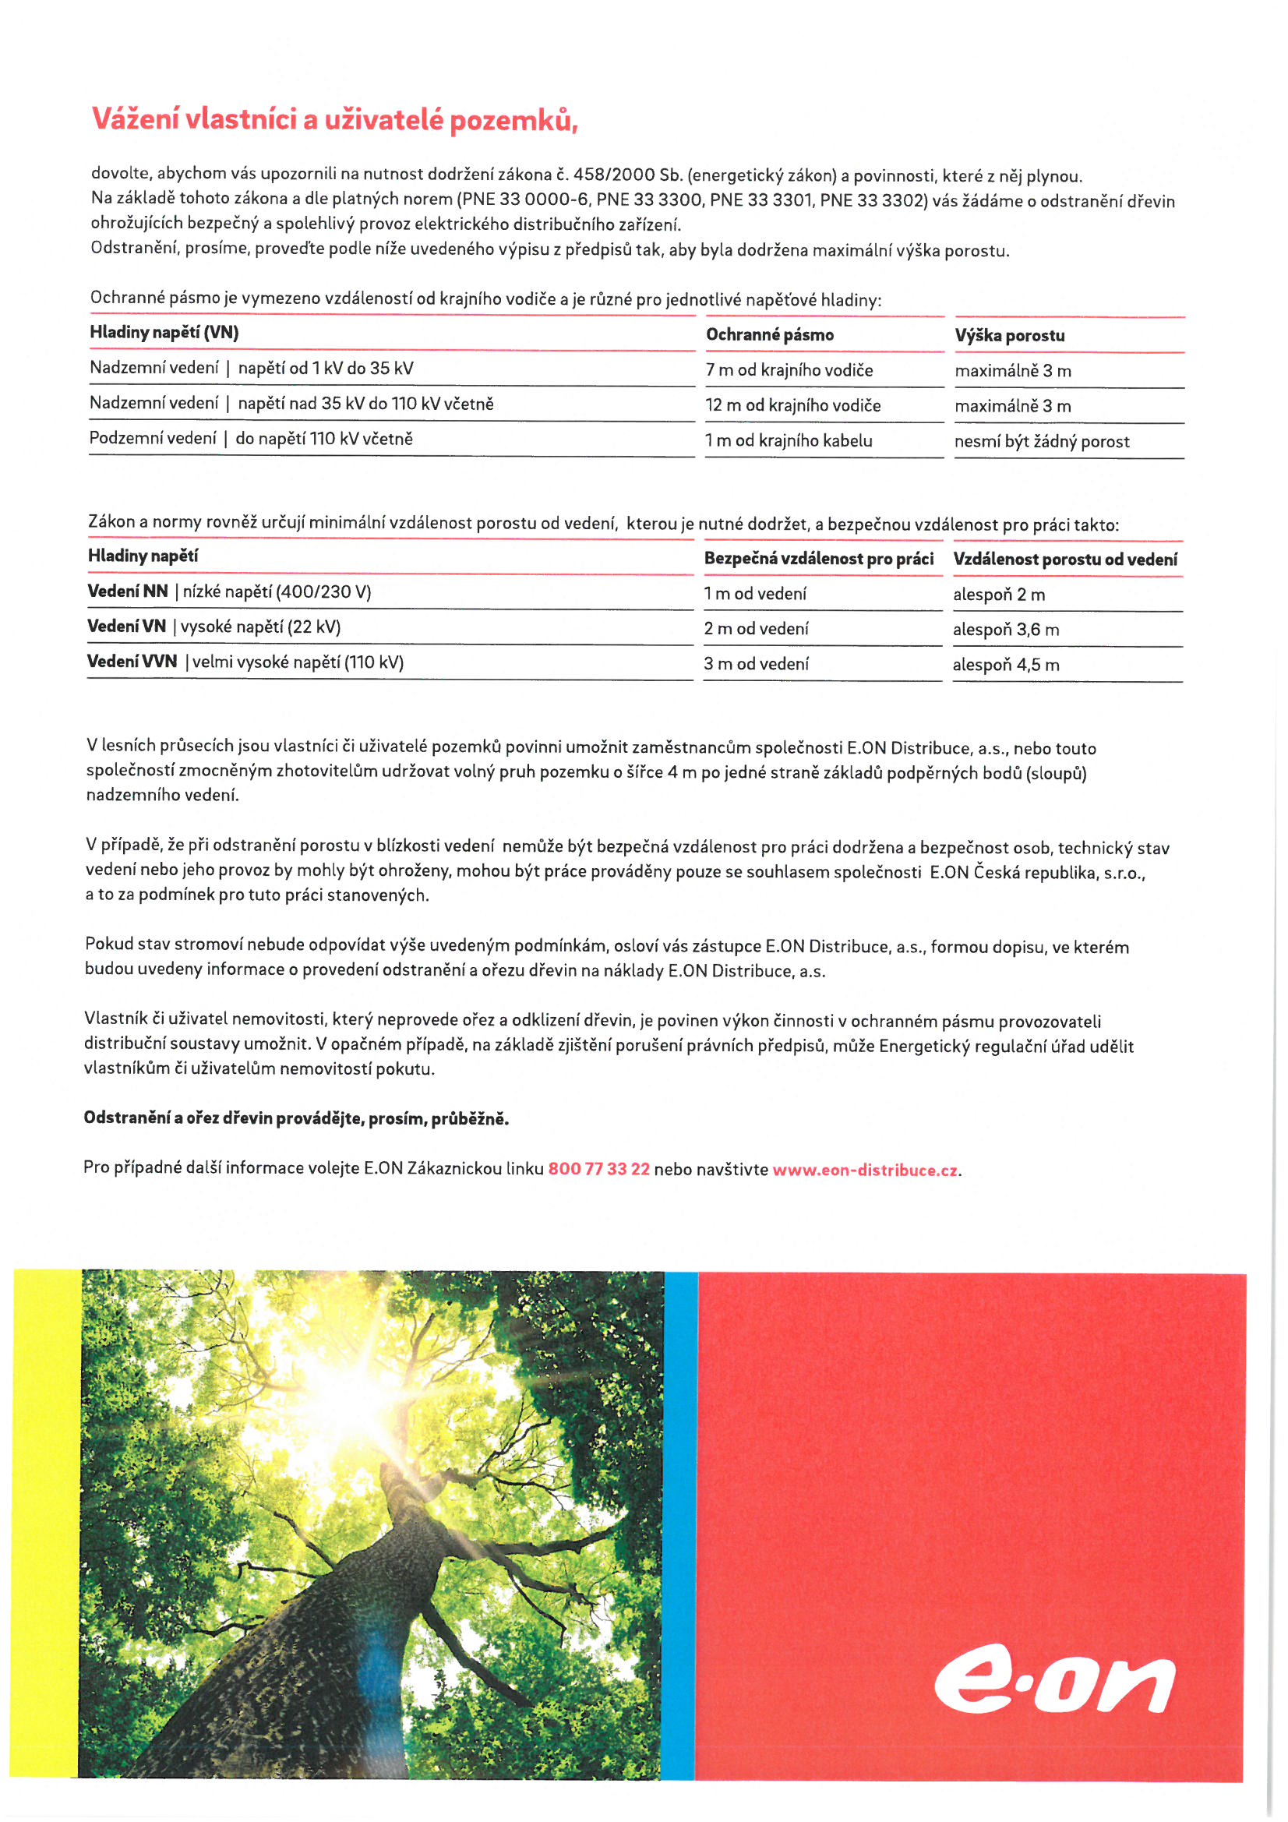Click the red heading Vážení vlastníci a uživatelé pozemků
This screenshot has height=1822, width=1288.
point(334,120)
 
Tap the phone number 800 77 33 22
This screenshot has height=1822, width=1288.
point(598,1169)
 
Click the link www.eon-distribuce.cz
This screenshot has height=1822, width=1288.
point(865,1170)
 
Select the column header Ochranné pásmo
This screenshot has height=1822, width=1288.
point(769,335)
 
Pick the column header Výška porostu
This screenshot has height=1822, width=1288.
point(1010,336)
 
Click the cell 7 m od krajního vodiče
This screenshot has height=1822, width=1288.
point(789,370)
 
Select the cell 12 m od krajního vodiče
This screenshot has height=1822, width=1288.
point(792,405)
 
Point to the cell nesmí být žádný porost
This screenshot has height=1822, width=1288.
point(1041,441)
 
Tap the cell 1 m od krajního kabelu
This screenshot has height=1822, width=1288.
point(788,440)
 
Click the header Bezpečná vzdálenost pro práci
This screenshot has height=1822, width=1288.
point(818,559)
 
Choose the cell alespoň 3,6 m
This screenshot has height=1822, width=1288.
point(1005,630)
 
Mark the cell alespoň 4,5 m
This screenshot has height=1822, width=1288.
point(1005,665)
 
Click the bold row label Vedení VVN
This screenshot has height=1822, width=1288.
point(132,661)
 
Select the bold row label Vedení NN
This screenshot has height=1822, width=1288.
point(128,591)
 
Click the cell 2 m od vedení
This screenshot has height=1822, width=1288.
point(756,628)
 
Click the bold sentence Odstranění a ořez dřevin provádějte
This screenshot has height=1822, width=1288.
point(296,1118)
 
